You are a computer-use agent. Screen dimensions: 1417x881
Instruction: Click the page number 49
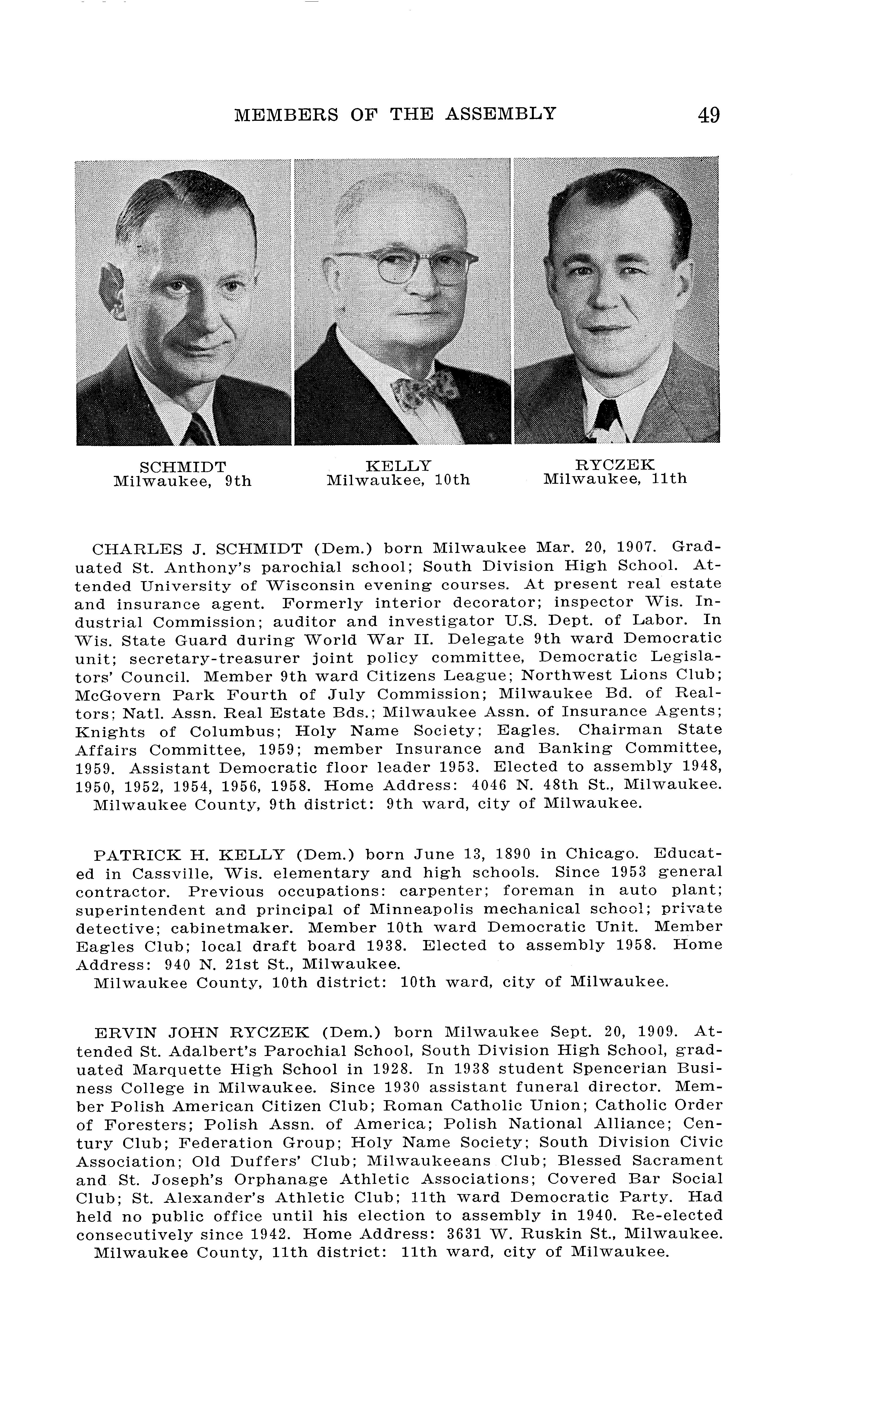point(708,115)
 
